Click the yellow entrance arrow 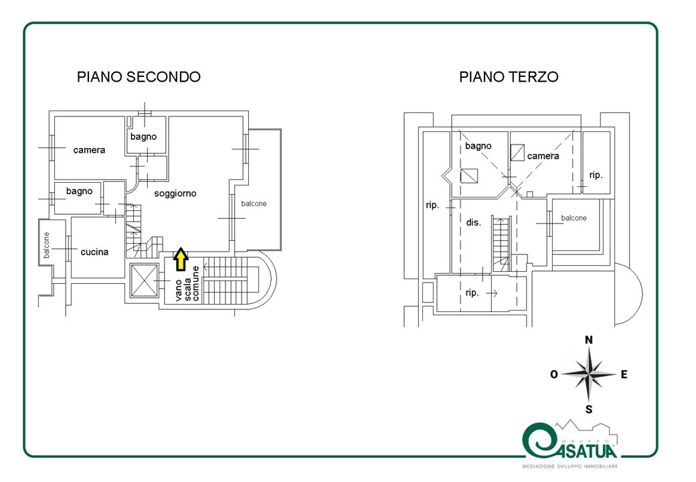click(180, 259)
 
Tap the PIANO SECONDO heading click(139, 77)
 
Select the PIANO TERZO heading click(509, 77)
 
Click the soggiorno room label click(175, 193)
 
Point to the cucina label click(94, 252)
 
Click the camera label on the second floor click(89, 150)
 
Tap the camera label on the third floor click(543, 156)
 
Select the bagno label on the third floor click(478, 146)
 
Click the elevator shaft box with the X click(144, 281)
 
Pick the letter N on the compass click(588, 340)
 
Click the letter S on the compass click(589, 409)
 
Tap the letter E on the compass click(624, 375)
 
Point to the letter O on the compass click(554, 375)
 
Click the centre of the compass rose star click(589, 375)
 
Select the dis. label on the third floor click(473, 222)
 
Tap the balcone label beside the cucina click(46, 245)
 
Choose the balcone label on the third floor click(574, 218)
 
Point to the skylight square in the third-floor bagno click(468, 176)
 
